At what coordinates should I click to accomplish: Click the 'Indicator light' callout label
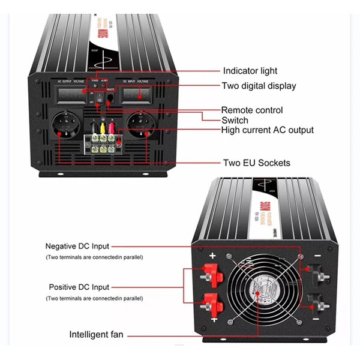(250, 71)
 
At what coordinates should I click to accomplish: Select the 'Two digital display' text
(259, 86)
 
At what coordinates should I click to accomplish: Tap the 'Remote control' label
(252, 110)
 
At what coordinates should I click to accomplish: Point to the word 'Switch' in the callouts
(235, 119)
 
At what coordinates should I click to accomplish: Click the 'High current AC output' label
(267, 130)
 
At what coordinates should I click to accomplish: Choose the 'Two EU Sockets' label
(256, 163)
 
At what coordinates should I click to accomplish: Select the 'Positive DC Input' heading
(79, 287)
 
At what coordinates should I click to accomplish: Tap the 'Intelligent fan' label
(97, 334)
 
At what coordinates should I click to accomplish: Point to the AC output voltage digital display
(71, 94)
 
